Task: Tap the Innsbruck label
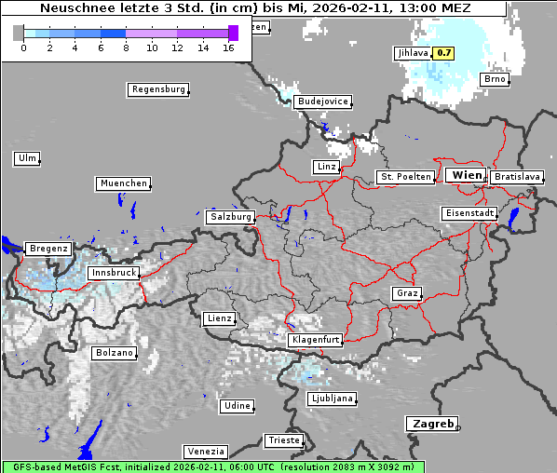[114, 274]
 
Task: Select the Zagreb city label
[431, 424]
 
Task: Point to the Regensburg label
[157, 89]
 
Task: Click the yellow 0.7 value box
[444, 53]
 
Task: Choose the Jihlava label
[411, 53]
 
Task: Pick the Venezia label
[204, 451]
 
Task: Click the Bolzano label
[114, 353]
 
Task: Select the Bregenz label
[48, 249]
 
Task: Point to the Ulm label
[27, 158]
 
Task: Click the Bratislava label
[517, 176]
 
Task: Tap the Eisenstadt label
[469, 213]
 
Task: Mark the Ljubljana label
[332, 399]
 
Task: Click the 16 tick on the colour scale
[228, 47]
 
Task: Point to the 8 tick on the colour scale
[125, 47]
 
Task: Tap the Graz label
[407, 293]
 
